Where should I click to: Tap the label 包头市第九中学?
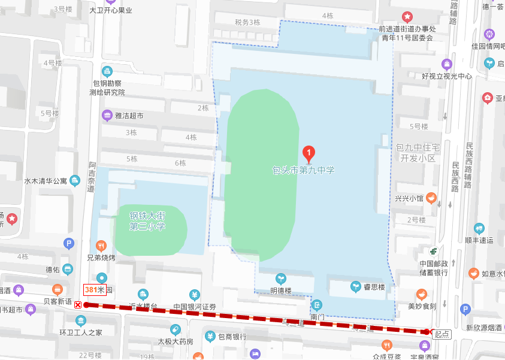pos(304,170)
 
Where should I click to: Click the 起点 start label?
pos(442,334)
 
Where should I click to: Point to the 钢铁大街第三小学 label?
pos(147,220)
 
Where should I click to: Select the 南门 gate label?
pos(317,316)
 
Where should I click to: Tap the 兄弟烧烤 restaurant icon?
pos(100,245)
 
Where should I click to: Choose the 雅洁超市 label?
pos(129,116)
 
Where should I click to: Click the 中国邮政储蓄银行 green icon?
pos(433,251)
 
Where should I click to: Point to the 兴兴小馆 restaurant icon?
pos(431,198)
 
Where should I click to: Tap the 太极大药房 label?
pos(176,341)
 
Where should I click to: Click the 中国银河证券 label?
pos(194,307)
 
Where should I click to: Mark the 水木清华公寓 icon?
pos(75,180)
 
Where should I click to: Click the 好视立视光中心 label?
pos(447,76)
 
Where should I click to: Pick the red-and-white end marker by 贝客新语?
pos(78,305)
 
